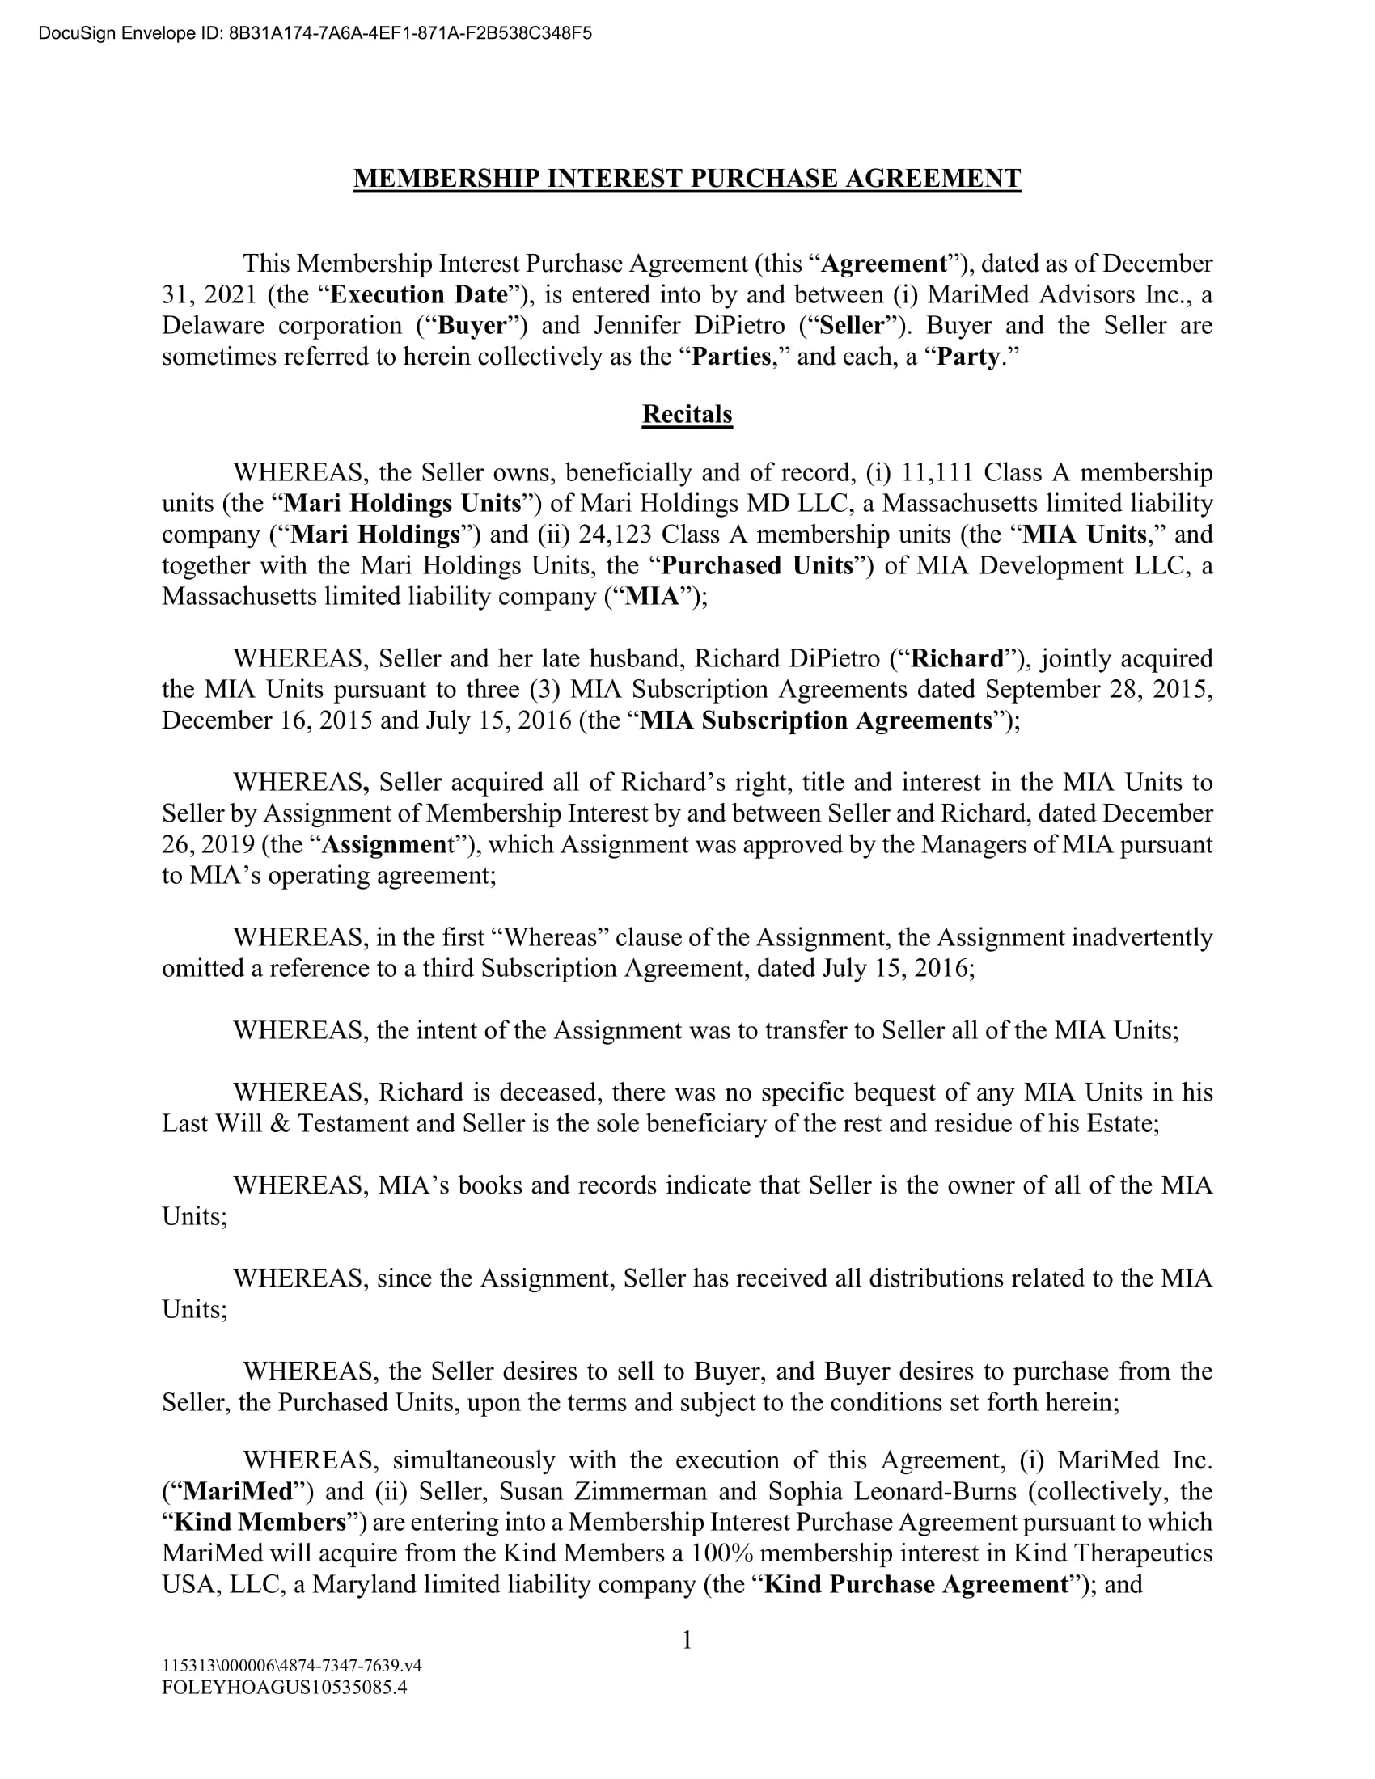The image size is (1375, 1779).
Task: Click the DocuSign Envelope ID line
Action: click(x=315, y=33)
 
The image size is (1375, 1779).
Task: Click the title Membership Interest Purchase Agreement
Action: click(x=687, y=179)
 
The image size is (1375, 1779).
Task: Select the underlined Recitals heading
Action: click(x=687, y=414)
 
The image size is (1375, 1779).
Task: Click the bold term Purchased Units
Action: click(x=757, y=565)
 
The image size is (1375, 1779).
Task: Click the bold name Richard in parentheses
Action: click(x=956, y=658)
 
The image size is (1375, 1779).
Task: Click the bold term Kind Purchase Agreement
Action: click(x=916, y=1584)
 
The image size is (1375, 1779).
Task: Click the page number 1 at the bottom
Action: click(x=687, y=1640)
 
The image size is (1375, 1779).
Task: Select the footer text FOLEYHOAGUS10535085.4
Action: click(x=284, y=1687)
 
